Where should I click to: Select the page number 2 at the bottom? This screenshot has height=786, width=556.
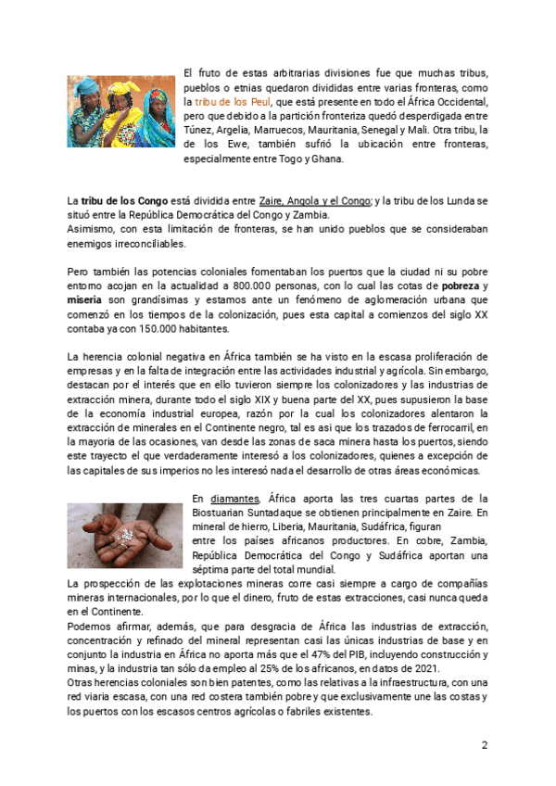[x=484, y=744]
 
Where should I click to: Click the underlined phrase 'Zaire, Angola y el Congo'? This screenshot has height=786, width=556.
[x=315, y=200]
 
